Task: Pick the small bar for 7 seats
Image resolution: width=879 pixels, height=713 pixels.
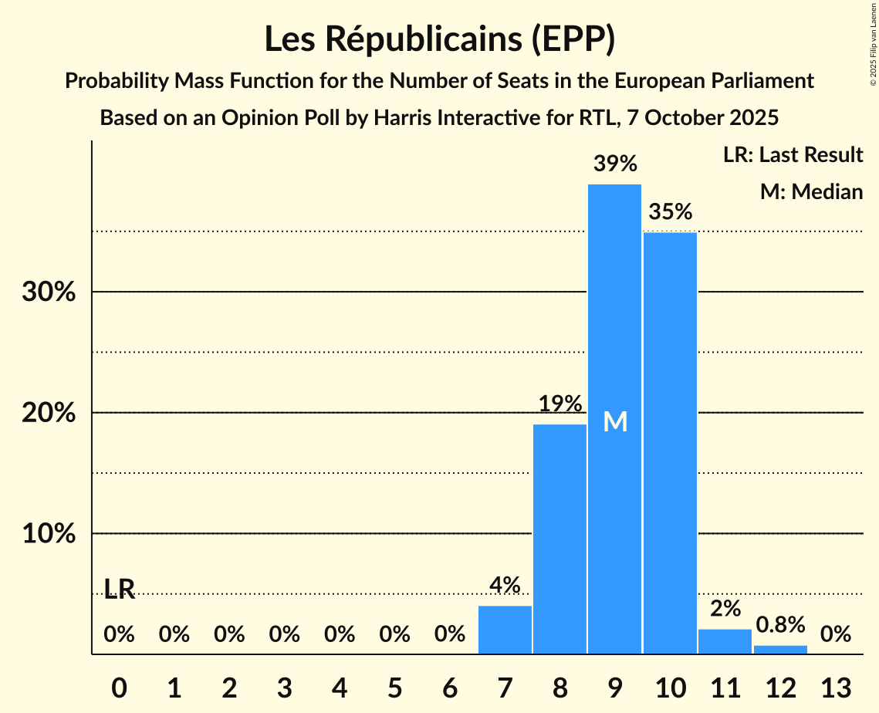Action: [505, 630]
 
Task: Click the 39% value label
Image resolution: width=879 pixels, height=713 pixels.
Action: [615, 164]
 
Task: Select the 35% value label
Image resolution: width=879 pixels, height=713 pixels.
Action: [670, 211]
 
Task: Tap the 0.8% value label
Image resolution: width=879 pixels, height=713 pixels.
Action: [780, 624]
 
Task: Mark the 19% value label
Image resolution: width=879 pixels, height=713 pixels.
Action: [560, 404]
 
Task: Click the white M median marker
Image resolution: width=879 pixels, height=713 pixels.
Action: [615, 422]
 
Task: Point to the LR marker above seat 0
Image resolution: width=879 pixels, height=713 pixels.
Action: [120, 590]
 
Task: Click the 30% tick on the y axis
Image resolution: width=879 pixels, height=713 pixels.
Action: [49, 293]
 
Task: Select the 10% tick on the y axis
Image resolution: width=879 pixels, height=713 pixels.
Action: [49, 534]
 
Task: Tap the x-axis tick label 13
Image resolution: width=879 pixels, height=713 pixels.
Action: [835, 686]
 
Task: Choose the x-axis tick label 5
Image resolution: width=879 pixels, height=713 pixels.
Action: [394, 686]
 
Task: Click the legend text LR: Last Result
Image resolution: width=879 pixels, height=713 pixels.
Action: [793, 155]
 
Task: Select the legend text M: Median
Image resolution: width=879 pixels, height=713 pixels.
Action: [811, 191]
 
